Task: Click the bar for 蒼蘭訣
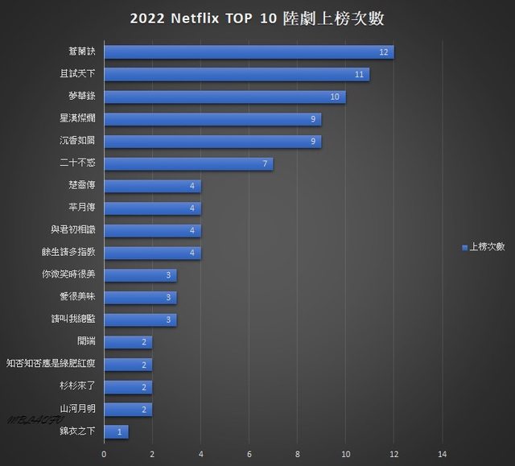[249, 52]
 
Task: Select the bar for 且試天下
[237, 75]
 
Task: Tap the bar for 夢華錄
[225, 97]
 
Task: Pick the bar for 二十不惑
[189, 164]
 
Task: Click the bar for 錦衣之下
[117, 431]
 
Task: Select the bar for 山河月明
[129, 409]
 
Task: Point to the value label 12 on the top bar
[385, 52]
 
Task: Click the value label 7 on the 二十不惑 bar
[266, 164]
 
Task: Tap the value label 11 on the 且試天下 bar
[360, 75]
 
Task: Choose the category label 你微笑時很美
[68, 274]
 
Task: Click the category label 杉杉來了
[77, 386]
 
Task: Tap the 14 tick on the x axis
[442, 454]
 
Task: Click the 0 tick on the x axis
[105, 454]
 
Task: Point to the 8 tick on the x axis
[298, 454]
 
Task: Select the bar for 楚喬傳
[153, 186]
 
